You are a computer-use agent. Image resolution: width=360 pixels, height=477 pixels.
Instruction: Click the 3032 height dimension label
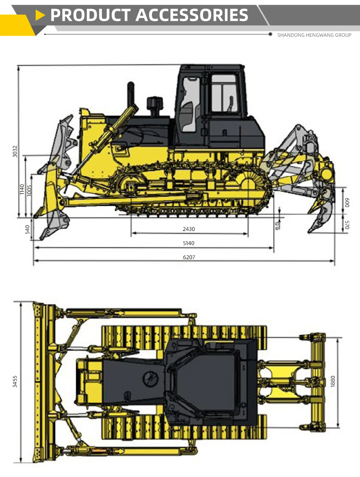tap(15, 151)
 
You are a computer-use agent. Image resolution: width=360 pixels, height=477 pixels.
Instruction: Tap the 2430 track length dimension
tap(189, 229)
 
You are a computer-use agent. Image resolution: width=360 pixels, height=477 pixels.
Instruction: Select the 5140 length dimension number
tap(189, 243)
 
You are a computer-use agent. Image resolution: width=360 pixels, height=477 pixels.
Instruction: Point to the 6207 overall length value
tap(189, 257)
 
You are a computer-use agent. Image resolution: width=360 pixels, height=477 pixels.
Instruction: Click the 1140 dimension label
tap(22, 190)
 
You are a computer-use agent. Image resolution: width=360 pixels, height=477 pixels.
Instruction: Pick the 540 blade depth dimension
tap(27, 229)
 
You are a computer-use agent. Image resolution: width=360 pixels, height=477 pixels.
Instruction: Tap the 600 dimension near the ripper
tap(347, 202)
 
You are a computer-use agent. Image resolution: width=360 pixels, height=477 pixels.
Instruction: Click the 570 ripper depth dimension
tap(347, 225)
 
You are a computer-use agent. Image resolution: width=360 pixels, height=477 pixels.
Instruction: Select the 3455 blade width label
tap(15, 382)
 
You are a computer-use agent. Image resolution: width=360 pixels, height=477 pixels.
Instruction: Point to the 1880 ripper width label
tap(333, 382)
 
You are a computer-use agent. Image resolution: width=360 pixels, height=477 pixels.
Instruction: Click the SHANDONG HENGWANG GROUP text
tap(314, 35)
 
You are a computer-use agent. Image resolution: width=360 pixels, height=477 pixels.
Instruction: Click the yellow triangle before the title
tap(40, 15)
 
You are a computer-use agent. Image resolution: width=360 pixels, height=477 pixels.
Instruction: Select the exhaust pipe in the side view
tap(131, 94)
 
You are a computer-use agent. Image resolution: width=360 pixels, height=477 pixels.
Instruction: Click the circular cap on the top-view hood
tap(150, 378)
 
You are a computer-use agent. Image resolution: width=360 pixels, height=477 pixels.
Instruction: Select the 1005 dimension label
tap(30, 190)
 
